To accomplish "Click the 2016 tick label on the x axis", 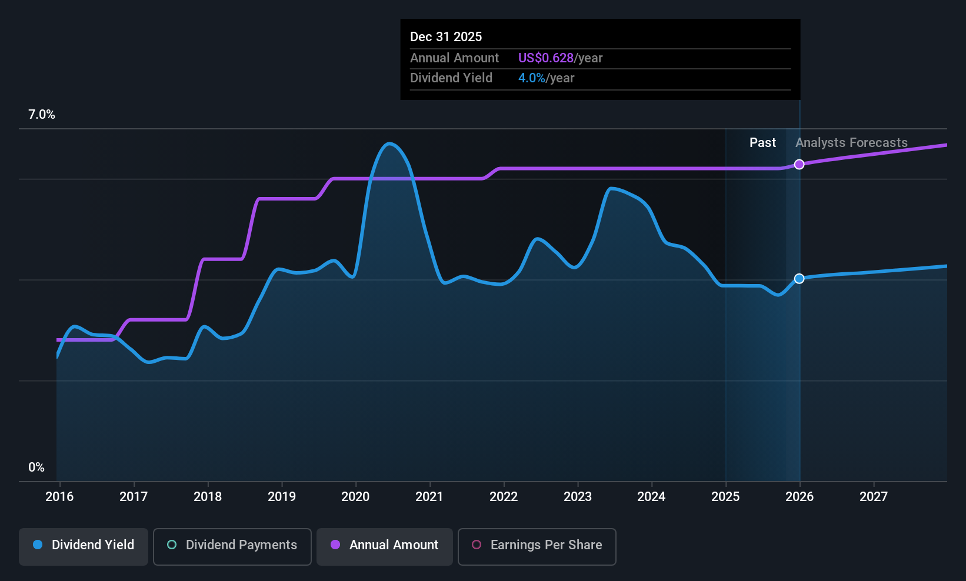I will [59, 496].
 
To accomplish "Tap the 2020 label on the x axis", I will [355, 496].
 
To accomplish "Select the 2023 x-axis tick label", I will [577, 496].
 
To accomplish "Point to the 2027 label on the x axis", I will [873, 496].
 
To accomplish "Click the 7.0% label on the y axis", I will [42, 115].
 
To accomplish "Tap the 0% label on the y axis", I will [36, 468].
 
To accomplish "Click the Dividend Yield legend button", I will [84, 545].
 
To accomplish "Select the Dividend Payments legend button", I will [232, 545].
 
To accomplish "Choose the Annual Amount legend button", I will [385, 545].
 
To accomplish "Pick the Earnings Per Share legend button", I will [537, 545].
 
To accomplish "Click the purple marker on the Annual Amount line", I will [799, 165].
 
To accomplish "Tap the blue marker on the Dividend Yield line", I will [799, 279].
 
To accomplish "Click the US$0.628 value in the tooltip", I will [545, 58].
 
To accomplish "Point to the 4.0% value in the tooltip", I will [531, 78].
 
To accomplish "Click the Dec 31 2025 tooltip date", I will [446, 37].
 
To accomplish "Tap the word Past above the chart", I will [762, 143].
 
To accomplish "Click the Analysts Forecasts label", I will [851, 143].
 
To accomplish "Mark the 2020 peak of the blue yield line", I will [389, 143].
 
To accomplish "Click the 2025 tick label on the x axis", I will [725, 496].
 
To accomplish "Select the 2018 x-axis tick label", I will [208, 496].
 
